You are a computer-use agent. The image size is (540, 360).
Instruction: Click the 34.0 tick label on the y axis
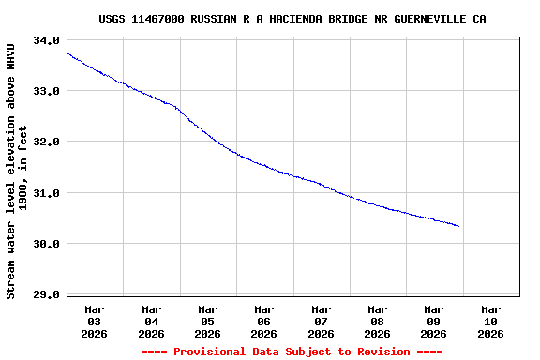point(46,40)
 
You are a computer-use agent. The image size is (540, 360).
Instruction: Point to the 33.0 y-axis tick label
point(46,91)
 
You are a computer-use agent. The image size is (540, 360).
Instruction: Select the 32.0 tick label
point(46,142)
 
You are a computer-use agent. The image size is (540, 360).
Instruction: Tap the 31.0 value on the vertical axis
point(46,193)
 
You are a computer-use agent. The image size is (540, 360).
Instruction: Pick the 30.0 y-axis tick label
point(46,244)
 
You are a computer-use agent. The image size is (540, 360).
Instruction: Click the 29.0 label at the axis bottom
point(46,294)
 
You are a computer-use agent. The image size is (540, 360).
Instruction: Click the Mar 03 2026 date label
point(95,321)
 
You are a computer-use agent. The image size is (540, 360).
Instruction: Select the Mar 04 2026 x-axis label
point(151,321)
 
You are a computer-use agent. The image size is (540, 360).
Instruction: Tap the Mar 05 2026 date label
point(207,321)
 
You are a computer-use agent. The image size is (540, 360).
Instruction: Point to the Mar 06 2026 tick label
point(264,321)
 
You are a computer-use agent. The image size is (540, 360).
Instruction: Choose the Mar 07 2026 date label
point(321,321)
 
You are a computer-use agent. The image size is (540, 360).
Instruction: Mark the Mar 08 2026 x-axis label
point(377,321)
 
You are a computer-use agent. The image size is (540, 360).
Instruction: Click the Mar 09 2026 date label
point(433,321)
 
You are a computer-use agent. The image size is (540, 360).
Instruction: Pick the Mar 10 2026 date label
point(490,321)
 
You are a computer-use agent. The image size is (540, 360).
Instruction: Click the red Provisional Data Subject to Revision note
point(292,352)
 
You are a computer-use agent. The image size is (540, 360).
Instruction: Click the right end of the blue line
point(458,226)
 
